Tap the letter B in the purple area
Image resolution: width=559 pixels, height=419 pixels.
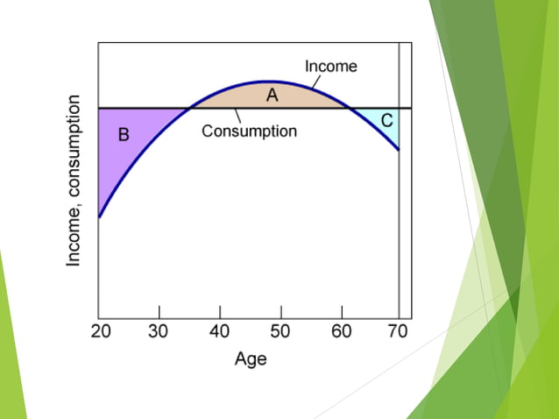pos(124,135)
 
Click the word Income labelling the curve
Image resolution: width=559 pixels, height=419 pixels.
pos(330,66)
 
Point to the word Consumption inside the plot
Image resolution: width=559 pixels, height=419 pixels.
pos(250,131)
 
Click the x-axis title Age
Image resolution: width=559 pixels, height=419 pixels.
pos(250,359)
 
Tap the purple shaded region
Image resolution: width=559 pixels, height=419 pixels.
pos(131,153)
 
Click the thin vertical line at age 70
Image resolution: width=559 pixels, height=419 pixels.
pos(400,219)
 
